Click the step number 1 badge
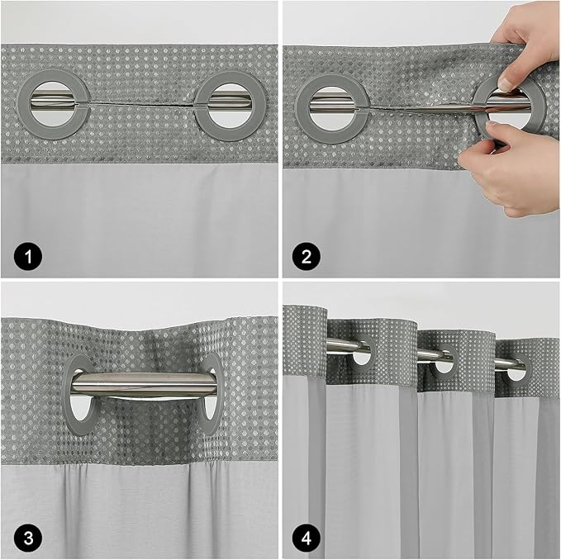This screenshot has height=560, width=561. [x=24, y=256]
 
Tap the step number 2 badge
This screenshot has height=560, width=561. [x=306, y=256]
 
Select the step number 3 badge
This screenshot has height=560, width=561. [x=24, y=539]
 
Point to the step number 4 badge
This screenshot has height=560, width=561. [x=306, y=539]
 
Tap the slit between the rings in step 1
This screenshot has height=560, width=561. [x=141, y=104]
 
